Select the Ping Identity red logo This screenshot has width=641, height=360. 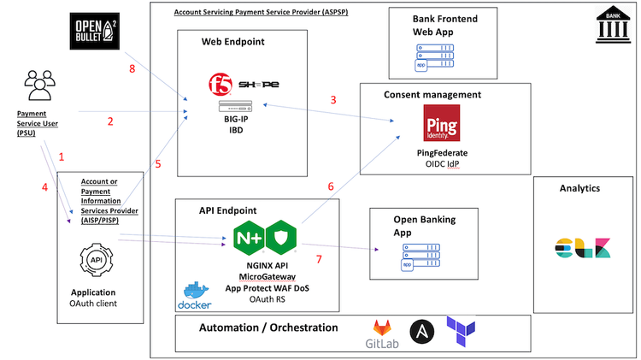tap(442, 124)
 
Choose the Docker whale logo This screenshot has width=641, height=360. tap(195, 293)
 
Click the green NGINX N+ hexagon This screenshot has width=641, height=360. tap(250, 238)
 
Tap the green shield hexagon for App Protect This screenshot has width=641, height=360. tap(281, 238)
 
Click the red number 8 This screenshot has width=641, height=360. tap(132, 68)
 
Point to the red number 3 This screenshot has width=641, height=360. tap(333, 99)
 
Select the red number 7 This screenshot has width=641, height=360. tap(320, 257)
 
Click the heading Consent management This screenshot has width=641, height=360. tap(432, 94)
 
